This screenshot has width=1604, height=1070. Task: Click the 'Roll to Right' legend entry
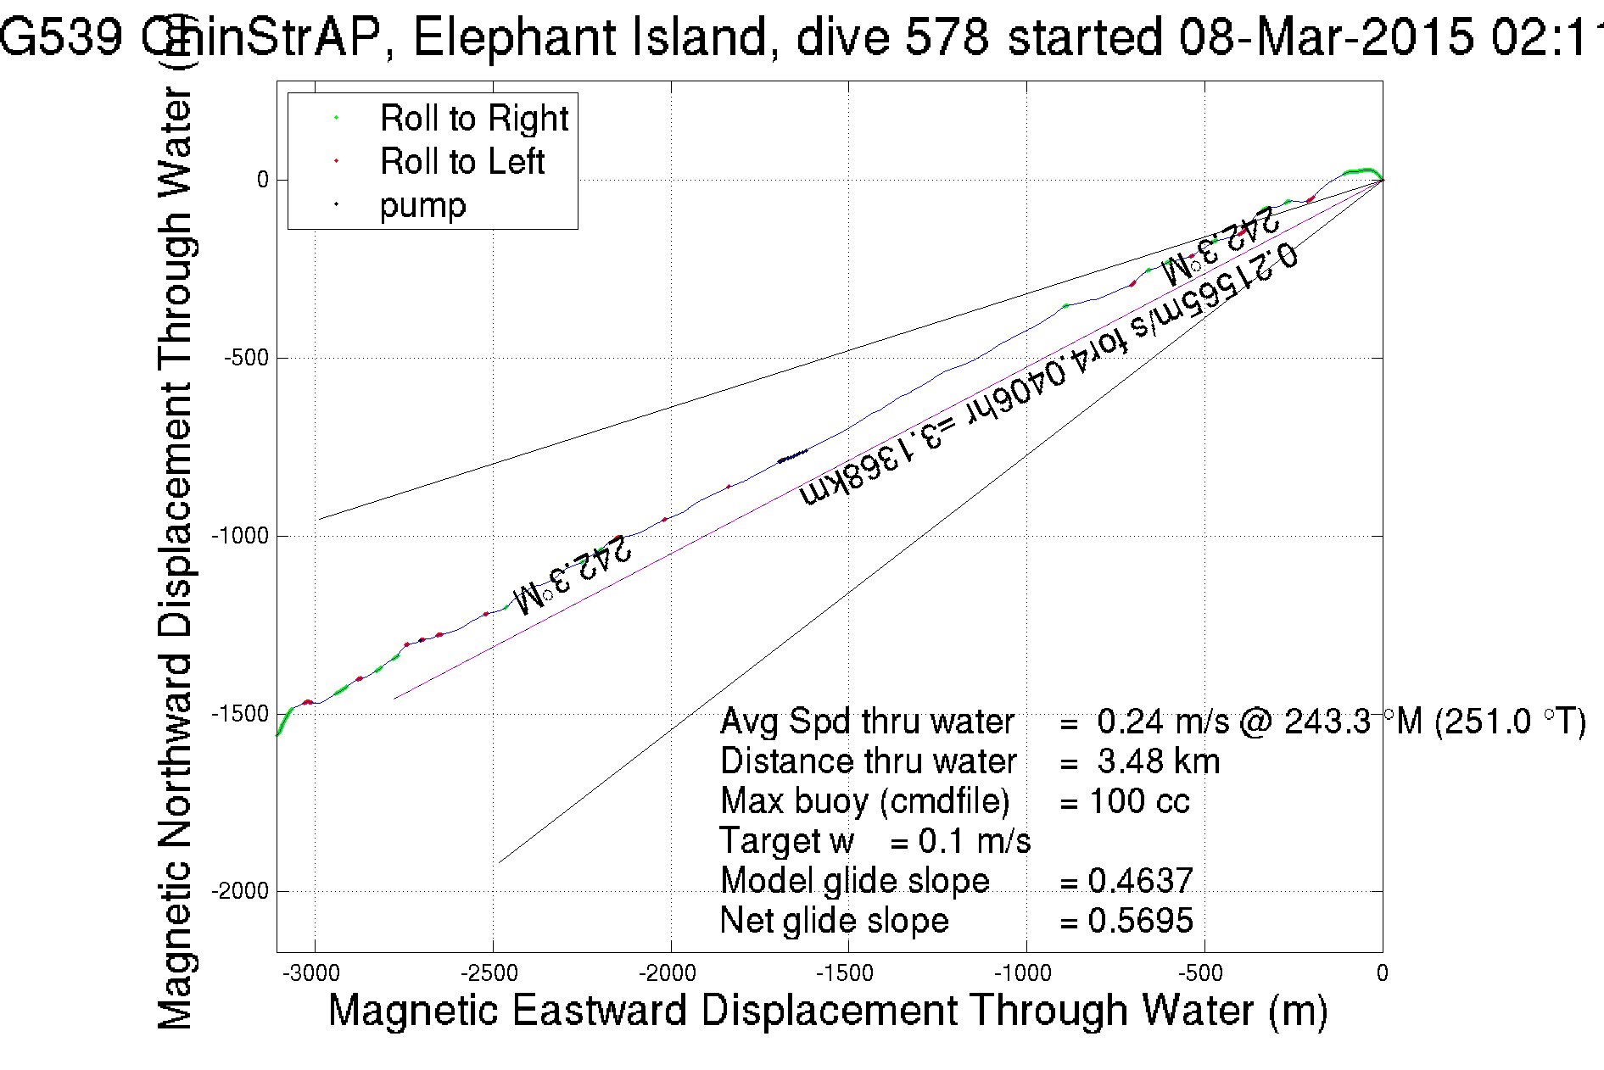tap(473, 119)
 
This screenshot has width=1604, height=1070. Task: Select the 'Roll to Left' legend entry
tap(461, 162)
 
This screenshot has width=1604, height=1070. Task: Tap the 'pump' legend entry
tap(422, 205)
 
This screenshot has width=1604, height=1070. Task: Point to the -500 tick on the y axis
tap(246, 358)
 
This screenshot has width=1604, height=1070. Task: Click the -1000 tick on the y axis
tap(240, 536)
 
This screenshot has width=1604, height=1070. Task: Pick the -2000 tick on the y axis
tap(240, 891)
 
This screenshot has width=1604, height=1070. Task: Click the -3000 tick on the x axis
tap(315, 973)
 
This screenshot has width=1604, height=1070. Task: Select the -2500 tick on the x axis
tap(493, 973)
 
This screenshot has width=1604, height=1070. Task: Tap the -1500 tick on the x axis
tap(848, 973)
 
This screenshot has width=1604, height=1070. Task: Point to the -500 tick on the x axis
tap(1204, 973)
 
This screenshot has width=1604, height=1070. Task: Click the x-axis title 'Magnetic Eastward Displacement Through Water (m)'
tap(827, 1011)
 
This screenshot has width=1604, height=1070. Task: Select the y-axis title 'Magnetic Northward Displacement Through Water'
tap(176, 543)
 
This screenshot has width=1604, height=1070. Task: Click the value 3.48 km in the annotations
tap(1158, 761)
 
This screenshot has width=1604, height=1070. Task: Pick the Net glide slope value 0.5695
tap(1140, 921)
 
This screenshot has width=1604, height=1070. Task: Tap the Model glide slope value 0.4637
tap(1140, 881)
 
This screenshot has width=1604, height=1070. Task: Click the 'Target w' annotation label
tap(786, 841)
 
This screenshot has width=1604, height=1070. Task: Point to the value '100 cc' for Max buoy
tap(1138, 801)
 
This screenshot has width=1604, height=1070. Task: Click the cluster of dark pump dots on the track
tap(792, 456)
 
